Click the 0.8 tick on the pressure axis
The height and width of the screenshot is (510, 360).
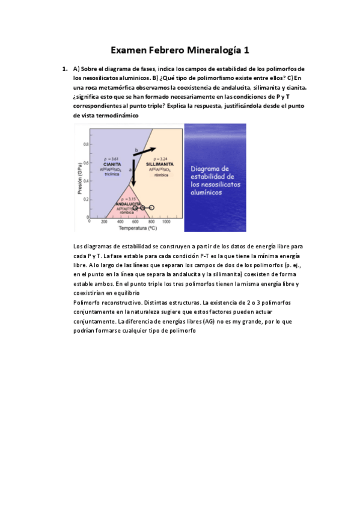coord(85,145)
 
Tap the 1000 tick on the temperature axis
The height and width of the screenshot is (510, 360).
coord(166,221)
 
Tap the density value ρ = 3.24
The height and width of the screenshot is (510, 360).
coord(160,159)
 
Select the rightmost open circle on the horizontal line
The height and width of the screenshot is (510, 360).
coord(151,207)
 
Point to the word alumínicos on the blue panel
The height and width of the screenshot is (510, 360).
coord(207,194)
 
